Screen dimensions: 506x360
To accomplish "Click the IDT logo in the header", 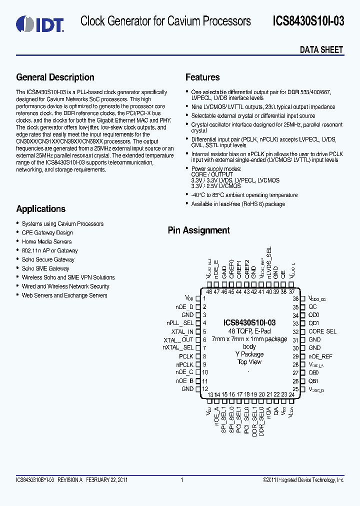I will tap(39, 23).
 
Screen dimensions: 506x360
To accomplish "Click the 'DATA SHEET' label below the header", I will tap(321, 49).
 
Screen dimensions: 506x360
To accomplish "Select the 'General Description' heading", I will tap(55, 77).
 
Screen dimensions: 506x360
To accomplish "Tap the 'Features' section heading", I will tap(202, 77).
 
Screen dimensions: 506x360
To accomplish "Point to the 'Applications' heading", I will tap(40, 209).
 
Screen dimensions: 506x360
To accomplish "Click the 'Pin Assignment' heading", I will tap(198, 230).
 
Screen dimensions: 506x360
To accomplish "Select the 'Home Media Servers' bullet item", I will tap(46, 241).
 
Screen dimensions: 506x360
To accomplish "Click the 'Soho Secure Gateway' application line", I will tap(48, 259).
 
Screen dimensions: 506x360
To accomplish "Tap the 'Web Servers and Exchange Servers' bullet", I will tap(64, 295).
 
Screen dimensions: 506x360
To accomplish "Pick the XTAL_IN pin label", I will tap(182, 331).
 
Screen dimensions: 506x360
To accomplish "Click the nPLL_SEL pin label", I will tap(180, 323).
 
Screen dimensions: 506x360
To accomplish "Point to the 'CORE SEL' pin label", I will tap(322, 331).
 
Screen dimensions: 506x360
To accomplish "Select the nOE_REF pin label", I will tap(320, 356).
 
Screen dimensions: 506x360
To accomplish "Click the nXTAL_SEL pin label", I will tap(178, 347).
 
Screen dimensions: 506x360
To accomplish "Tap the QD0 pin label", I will tap(313, 315).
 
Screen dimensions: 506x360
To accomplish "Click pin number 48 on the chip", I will tap(209, 292).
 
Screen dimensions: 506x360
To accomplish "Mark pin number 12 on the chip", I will tap(204, 388).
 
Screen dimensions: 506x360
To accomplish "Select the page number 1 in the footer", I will tap(182, 480).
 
